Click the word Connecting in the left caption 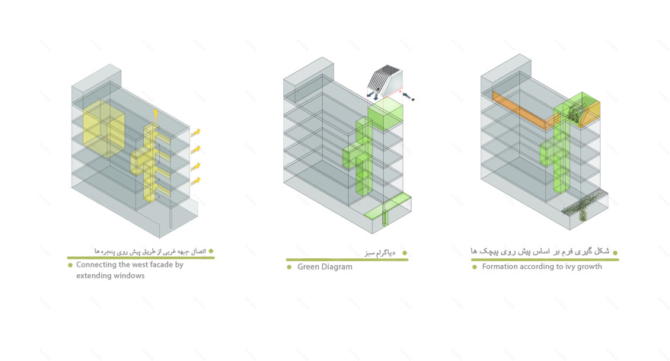(x=96, y=265)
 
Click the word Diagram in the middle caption (x=337, y=267)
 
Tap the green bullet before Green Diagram (x=289, y=267)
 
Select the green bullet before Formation (x=474, y=267)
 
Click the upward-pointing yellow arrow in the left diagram (x=155, y=117)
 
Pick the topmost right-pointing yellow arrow (x=195, y=133)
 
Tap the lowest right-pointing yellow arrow (x=195, y=181)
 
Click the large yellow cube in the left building (x=104, y=129)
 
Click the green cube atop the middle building (x=385, y=115)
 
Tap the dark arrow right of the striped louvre (x=408, y=96)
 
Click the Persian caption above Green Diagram (x=380, y=253)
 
